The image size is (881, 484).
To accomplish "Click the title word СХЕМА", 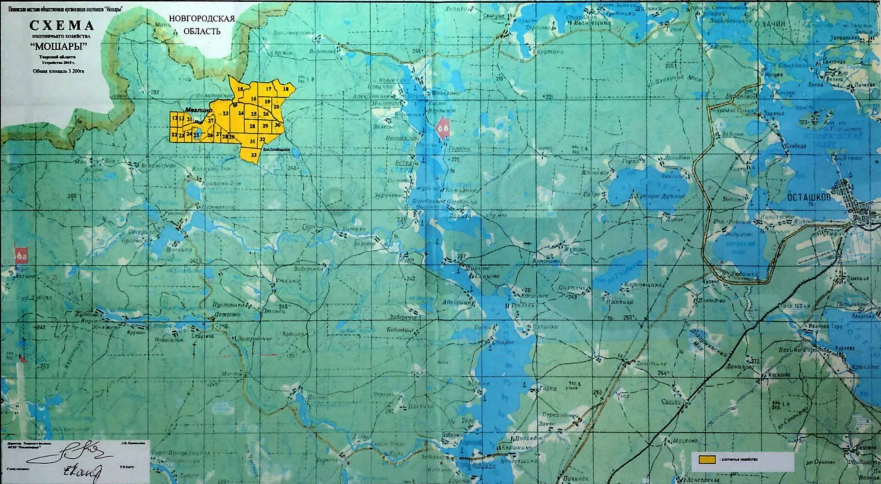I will click(61, 26).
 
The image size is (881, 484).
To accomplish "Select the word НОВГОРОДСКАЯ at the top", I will click(201, 19).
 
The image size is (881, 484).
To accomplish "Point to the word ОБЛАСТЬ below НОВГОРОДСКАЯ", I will click(202, 31).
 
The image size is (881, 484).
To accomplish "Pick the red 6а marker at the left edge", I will click(21, 256).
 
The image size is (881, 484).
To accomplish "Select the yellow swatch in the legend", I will click(707, 459).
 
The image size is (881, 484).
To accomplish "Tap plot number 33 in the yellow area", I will click(254, 156).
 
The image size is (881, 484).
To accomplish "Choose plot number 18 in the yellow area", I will click(286, 89).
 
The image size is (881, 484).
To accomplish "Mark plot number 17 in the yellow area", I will click(269, 89).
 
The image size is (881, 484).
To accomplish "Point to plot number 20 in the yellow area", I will click(276, 107).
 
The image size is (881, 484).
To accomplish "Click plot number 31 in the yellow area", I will click(252, 141).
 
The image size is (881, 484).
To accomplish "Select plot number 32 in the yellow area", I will click(262, 139).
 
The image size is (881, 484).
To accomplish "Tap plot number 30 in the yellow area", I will click(278, 125).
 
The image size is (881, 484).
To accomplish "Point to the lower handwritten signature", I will click(83, 471).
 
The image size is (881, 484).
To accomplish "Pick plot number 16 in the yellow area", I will click(253, 99).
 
